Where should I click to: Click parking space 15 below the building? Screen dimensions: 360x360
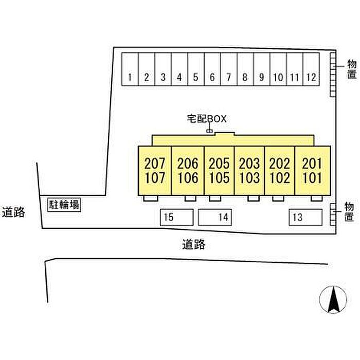click(176, 217)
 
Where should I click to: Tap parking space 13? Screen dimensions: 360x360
click(304, 217)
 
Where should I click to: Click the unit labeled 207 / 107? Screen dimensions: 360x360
click(155, 171)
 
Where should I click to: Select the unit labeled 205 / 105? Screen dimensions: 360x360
click(219, 171)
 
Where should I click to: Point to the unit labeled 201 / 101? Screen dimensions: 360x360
click(312, 171)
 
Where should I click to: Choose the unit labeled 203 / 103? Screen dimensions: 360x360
click(250, 171)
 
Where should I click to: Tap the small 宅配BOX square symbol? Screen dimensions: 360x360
click(209, 131)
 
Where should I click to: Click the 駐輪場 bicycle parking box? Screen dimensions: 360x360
click(64, 205)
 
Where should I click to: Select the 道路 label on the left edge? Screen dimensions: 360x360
click(13, 211)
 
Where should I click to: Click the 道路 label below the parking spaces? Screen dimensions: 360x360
click(193, 244)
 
